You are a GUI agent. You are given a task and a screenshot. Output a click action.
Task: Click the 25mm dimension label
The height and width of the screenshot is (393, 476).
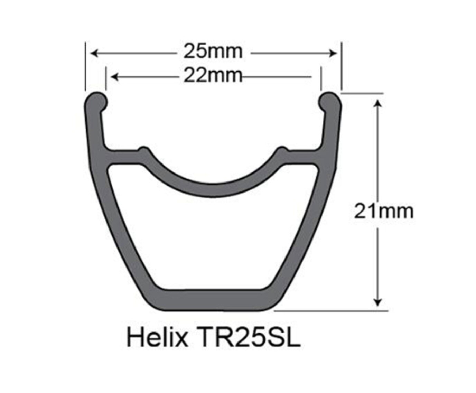[213, 52]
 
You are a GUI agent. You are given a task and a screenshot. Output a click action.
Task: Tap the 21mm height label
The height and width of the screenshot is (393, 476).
[383, 211]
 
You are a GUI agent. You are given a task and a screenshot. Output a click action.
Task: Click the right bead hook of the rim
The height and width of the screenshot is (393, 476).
[330, 101]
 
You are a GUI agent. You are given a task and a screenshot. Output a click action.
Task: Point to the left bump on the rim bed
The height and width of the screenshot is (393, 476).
[143, 151]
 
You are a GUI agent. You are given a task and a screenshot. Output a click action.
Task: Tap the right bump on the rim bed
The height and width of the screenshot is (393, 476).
[282, 151]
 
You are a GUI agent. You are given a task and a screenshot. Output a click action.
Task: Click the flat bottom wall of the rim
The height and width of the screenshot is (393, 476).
[213, 300]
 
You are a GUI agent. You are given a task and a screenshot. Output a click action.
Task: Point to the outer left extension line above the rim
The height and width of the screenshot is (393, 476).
[85, 66]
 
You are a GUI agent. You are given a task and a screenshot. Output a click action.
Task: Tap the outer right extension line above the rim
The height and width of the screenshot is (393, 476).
[342, 66]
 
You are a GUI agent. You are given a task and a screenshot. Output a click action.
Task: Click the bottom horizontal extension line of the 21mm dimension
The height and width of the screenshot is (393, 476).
[332, 310]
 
